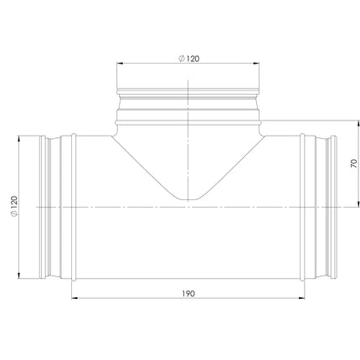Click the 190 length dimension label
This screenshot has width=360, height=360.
click(x=188, y=294)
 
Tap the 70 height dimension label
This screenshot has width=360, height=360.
click(x=353, y=163)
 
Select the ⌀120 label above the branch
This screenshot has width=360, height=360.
click(x=189, y=59)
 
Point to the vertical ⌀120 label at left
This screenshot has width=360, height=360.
click(x=14, y=206)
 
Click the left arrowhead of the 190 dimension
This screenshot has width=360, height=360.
click(x=75, y=298)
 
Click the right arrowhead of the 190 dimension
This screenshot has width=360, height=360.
click(x=301, y=298)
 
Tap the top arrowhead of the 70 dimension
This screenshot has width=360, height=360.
click(x=358, y=124)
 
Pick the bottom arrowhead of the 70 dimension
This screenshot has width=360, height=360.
click(x=358, y=204)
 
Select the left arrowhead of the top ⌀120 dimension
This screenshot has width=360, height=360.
click(x=120, y=64)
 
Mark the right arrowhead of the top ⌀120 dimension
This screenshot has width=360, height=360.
click(x=256, y=64)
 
